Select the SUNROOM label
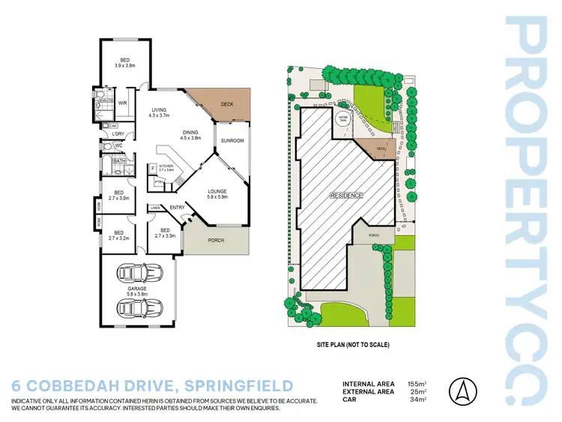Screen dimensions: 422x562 coord(232,140)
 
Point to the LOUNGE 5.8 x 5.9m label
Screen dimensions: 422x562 coord(218,195)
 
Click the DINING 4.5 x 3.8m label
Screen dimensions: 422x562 coord(190,136)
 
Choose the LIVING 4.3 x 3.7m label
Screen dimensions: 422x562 coord(160,112)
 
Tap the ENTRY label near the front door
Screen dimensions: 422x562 coord(177,208)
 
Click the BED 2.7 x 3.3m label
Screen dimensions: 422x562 coord(165,233)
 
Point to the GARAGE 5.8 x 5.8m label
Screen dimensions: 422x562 coord(136,291)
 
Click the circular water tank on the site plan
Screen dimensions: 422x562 coord(343,121)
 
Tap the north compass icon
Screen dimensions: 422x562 coord(462,391)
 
